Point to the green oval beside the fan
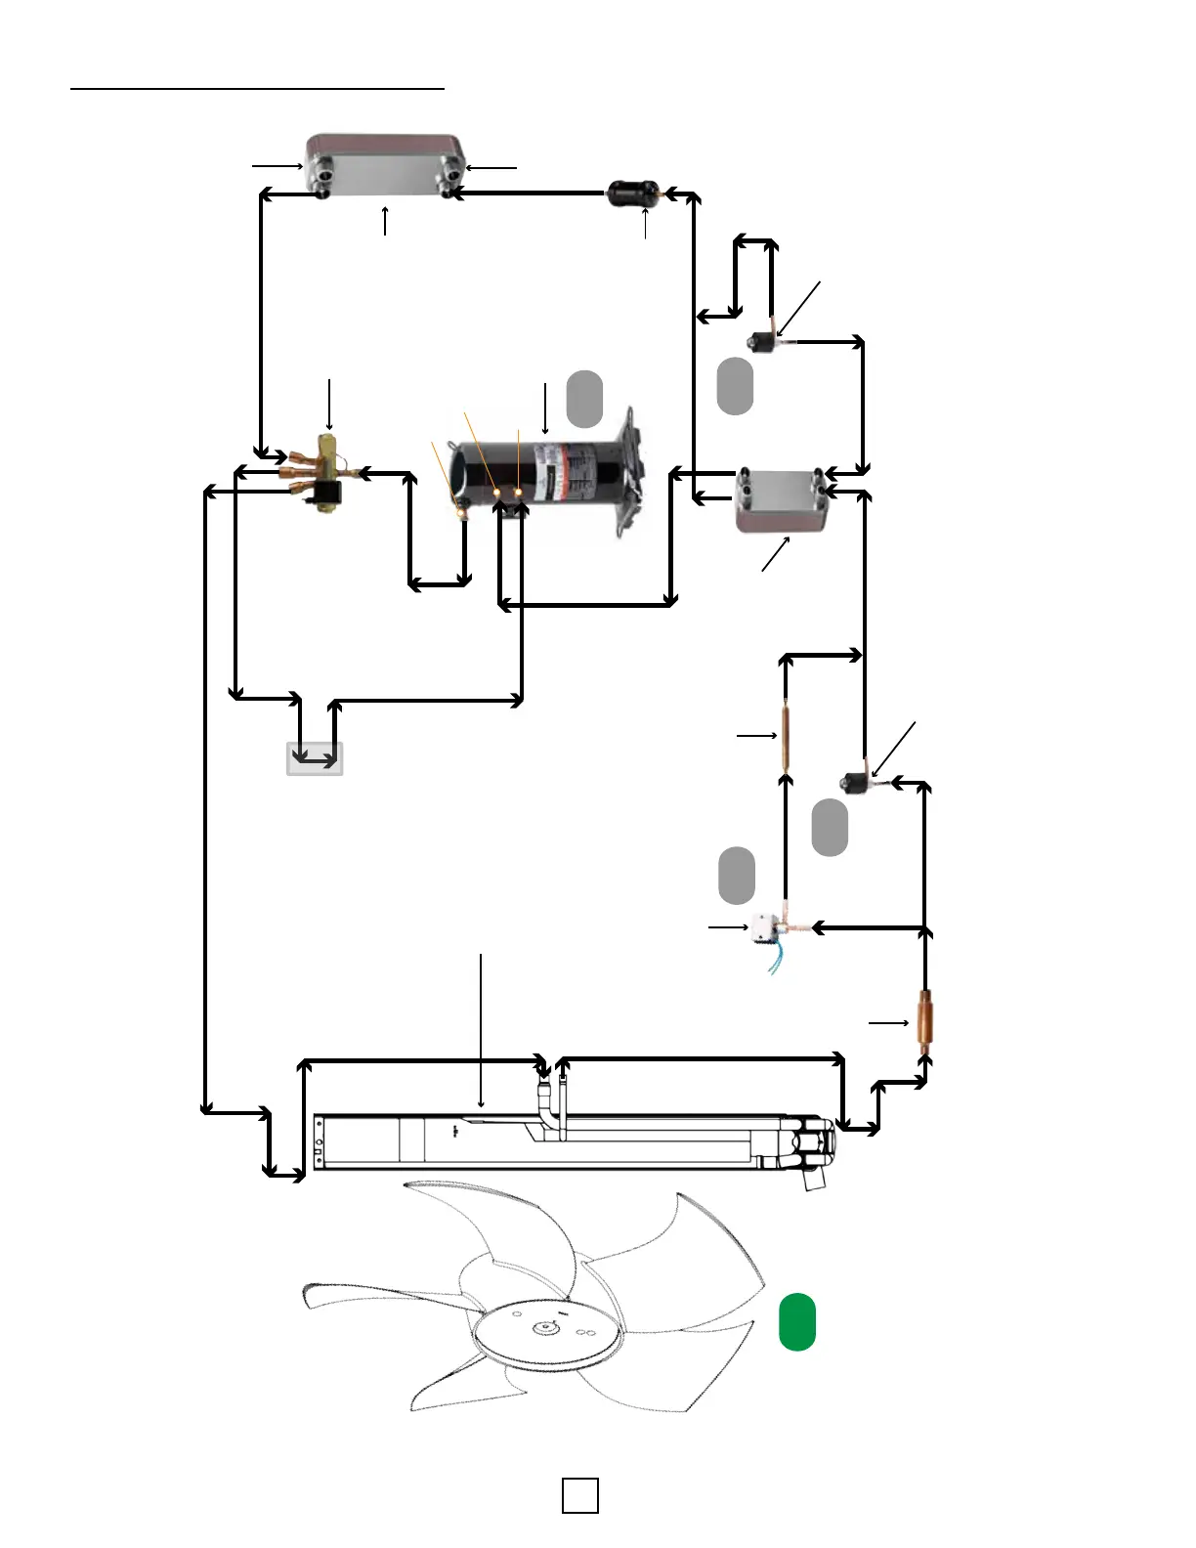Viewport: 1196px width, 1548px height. click(797, 1321)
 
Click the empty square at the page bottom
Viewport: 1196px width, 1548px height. click(580, 1495)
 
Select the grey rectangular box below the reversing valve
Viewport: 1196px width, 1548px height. click(315, 759)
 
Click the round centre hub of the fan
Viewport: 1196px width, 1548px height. click(545, 1330)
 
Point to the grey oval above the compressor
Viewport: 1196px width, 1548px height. click(584, 399)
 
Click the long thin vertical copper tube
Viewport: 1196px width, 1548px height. click(785, 735)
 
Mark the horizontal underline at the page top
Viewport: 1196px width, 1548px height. click(258, 89)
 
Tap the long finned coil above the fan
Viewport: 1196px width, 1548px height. click(567, 1141)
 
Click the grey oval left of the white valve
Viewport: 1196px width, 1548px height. click(737, 876)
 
